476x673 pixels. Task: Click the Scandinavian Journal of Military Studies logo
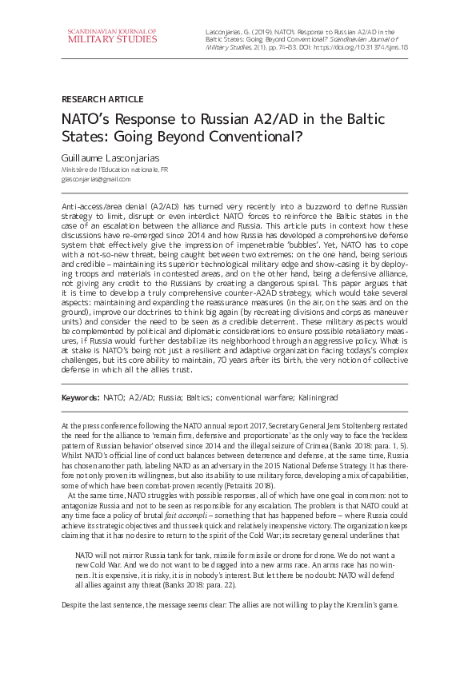[112, 34]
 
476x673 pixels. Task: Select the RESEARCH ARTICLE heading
[102, 99]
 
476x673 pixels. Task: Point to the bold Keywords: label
[80, 397]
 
